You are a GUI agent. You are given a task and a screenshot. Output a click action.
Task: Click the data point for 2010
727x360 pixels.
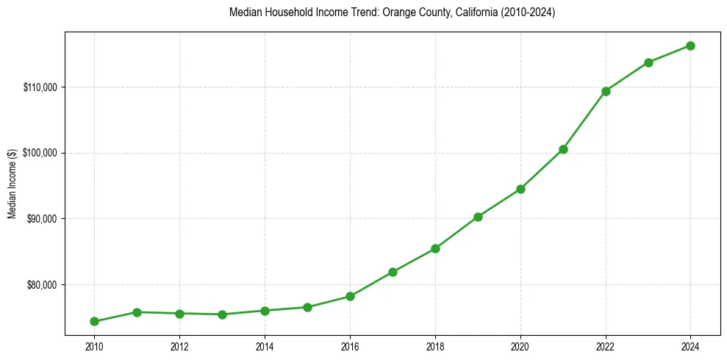click(94, 321)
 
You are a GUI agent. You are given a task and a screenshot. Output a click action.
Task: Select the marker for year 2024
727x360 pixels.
click(691, 46)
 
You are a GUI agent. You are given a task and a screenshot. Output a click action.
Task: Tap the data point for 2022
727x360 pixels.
click(606, 91)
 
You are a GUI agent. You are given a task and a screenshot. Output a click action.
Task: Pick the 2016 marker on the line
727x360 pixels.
click(350, 296)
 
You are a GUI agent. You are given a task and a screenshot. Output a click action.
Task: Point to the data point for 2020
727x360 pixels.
click(520, 189)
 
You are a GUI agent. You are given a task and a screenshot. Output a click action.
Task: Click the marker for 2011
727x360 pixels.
click(137, 312)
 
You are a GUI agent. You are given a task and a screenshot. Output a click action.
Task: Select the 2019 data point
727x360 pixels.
click(478, 217)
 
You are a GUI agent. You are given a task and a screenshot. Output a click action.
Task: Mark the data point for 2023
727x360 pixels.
click(648, 62)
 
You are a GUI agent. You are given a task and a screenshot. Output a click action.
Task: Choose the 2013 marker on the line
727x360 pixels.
click(222, 314)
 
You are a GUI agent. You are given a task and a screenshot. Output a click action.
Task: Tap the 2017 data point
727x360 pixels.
click(393, 272)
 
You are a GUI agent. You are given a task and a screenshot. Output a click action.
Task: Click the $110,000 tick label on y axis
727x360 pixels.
click(40, 87)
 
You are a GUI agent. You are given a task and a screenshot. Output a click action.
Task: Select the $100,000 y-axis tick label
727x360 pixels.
click(40, 153)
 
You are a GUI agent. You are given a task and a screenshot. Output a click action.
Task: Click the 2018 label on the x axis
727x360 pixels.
click(435, 346)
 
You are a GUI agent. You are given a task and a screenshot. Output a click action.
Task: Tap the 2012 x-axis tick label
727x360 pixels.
click(179, 346)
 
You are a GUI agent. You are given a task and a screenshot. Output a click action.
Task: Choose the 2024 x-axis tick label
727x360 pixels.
click(691, 346)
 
